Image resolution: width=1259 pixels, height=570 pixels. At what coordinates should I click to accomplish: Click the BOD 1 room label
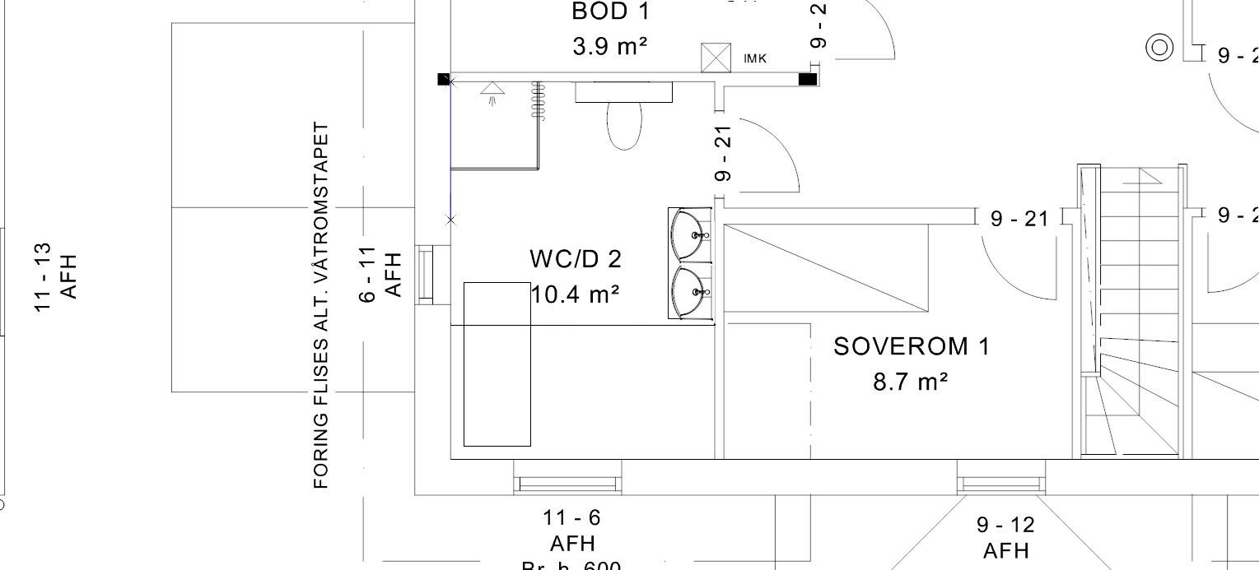coord(610,12)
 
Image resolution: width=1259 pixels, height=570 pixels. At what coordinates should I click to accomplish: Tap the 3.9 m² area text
coord(610,47)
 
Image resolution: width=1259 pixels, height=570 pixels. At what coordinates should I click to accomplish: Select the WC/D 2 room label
coord(576,259)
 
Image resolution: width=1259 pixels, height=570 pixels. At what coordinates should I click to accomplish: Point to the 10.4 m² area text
coord(576,294)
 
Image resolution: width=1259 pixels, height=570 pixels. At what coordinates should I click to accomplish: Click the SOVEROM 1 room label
coord(912,347)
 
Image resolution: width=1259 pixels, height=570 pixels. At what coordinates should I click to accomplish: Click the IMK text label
coord(755,59)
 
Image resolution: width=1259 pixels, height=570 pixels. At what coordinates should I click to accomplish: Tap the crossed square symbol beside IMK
coord(716,58)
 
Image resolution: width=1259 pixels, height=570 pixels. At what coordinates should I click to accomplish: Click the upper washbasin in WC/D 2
coord(691,235)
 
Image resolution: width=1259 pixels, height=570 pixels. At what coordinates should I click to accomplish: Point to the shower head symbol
coord(492,91)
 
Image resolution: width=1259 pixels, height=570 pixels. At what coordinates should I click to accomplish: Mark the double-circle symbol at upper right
coord(1159,48)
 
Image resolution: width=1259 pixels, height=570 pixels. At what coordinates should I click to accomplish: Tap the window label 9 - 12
coord(1005,525)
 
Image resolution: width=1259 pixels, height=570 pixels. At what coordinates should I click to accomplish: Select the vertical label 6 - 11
coord(368,274)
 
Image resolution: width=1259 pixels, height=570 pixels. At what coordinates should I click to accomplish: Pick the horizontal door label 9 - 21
coord(1019,219)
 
